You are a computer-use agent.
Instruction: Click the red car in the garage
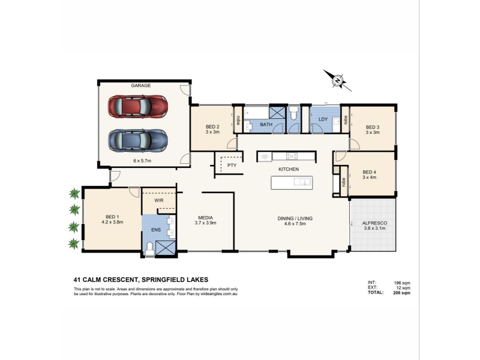138,107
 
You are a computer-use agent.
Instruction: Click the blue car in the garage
138,140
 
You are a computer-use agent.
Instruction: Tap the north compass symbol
337,80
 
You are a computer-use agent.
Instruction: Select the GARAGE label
141,85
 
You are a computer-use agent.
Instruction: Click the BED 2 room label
212,127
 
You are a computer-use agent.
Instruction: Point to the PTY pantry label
232,166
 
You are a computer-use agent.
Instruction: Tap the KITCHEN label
289,169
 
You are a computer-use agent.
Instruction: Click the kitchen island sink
303,182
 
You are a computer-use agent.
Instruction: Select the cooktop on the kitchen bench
292,156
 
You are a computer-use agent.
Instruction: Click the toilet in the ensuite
150,248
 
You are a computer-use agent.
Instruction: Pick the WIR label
159,200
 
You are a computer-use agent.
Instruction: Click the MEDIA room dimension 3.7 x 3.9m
205,223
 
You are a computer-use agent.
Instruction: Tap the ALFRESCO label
374,223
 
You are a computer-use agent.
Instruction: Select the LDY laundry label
323,119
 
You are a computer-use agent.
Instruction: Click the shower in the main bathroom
277,112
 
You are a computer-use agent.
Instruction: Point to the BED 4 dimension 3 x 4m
369,177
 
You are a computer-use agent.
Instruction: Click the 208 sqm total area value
401,293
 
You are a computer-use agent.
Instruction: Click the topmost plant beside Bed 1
74,193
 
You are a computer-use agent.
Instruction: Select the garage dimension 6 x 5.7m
142,161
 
